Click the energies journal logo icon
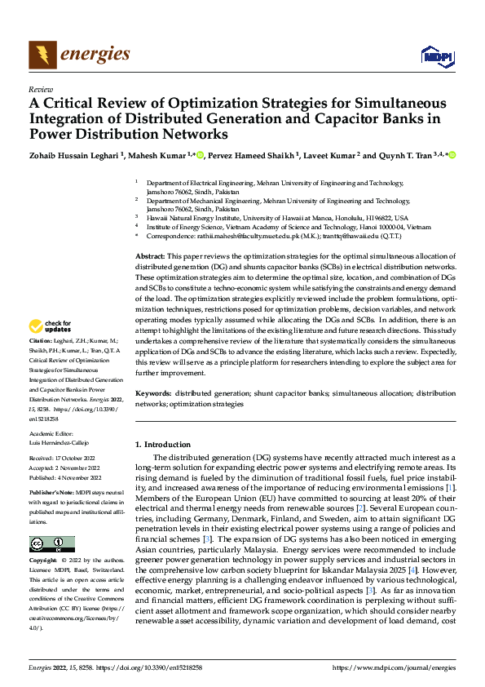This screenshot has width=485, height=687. [x=41, y=55]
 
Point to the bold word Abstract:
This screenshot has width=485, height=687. [x=152, y=256]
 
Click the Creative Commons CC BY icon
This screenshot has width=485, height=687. [x=51, y=543]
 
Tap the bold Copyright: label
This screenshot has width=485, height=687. [x=43, y=561]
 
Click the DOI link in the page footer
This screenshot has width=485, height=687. [x=158, y=667]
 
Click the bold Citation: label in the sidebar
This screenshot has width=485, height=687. [x=40, y=361]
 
